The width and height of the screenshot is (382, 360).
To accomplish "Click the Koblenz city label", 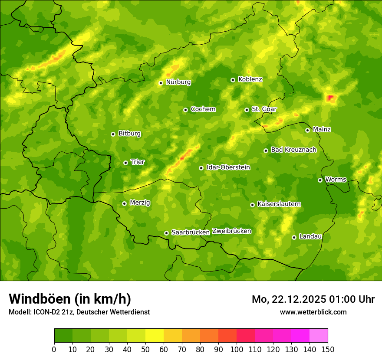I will click(x=250, y=79).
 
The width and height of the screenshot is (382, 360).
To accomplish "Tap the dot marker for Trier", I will click(x=125, y=163).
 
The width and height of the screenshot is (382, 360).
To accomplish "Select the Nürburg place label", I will click(x=178, y=82).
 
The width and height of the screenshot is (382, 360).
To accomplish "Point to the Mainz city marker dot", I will click(x=307, y=130).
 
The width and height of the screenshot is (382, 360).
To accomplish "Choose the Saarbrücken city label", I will click(x=191, y=232).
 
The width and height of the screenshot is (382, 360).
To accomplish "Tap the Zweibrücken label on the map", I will click(x=231, y=231).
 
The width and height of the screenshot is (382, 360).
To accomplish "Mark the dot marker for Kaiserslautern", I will click(x=252, y=205).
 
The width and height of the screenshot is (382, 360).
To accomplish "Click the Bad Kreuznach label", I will click(x=293, y=150).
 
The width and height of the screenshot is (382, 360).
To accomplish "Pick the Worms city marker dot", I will click(x=320, y=180).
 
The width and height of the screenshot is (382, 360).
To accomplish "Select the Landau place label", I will click(x=310, y=236).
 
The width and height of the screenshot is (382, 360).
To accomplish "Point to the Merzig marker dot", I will click(x=124, y=203).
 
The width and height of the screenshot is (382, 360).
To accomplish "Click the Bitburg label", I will click(x=129, y=134).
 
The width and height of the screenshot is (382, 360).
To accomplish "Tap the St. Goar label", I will click(x=264, y=109).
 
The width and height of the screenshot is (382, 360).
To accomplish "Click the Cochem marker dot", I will click(x=185, y=110).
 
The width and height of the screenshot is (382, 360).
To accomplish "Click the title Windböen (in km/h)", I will click(x=70, y=299).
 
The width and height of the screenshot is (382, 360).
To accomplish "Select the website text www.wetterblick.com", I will click(x=313, y=312).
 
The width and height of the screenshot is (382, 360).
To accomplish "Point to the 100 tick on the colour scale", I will click(x=237, y=349).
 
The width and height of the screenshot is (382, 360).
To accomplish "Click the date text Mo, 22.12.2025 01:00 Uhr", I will click(x=313, y=299).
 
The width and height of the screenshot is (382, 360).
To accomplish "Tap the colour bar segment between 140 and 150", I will click(x=319, y=336).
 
